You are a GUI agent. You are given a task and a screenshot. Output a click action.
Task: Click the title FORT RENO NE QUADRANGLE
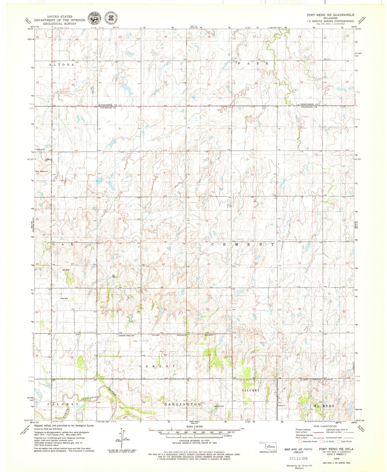[330, 15]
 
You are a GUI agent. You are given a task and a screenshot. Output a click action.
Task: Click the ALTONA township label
[62, 65]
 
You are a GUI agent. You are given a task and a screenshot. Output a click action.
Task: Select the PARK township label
[253, 63]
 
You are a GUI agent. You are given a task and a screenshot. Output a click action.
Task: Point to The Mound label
[41, 171]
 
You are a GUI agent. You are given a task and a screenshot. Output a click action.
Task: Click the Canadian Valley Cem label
[127, 336]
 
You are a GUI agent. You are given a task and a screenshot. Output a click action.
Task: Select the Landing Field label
[219, 406]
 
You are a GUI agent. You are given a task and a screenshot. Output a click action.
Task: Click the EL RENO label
[324, 406]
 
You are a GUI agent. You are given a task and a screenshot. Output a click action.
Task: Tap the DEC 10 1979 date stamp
[299, 458]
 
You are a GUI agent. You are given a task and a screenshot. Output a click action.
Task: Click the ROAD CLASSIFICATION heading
[325, 426]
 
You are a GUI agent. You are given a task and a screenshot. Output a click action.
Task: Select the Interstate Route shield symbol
[300, 441]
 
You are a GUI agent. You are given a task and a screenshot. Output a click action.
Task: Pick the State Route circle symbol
[339, 441]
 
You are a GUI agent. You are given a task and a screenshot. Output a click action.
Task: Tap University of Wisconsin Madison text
[299, 467]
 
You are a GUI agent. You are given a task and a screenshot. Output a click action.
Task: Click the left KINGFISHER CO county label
[108, 105]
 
